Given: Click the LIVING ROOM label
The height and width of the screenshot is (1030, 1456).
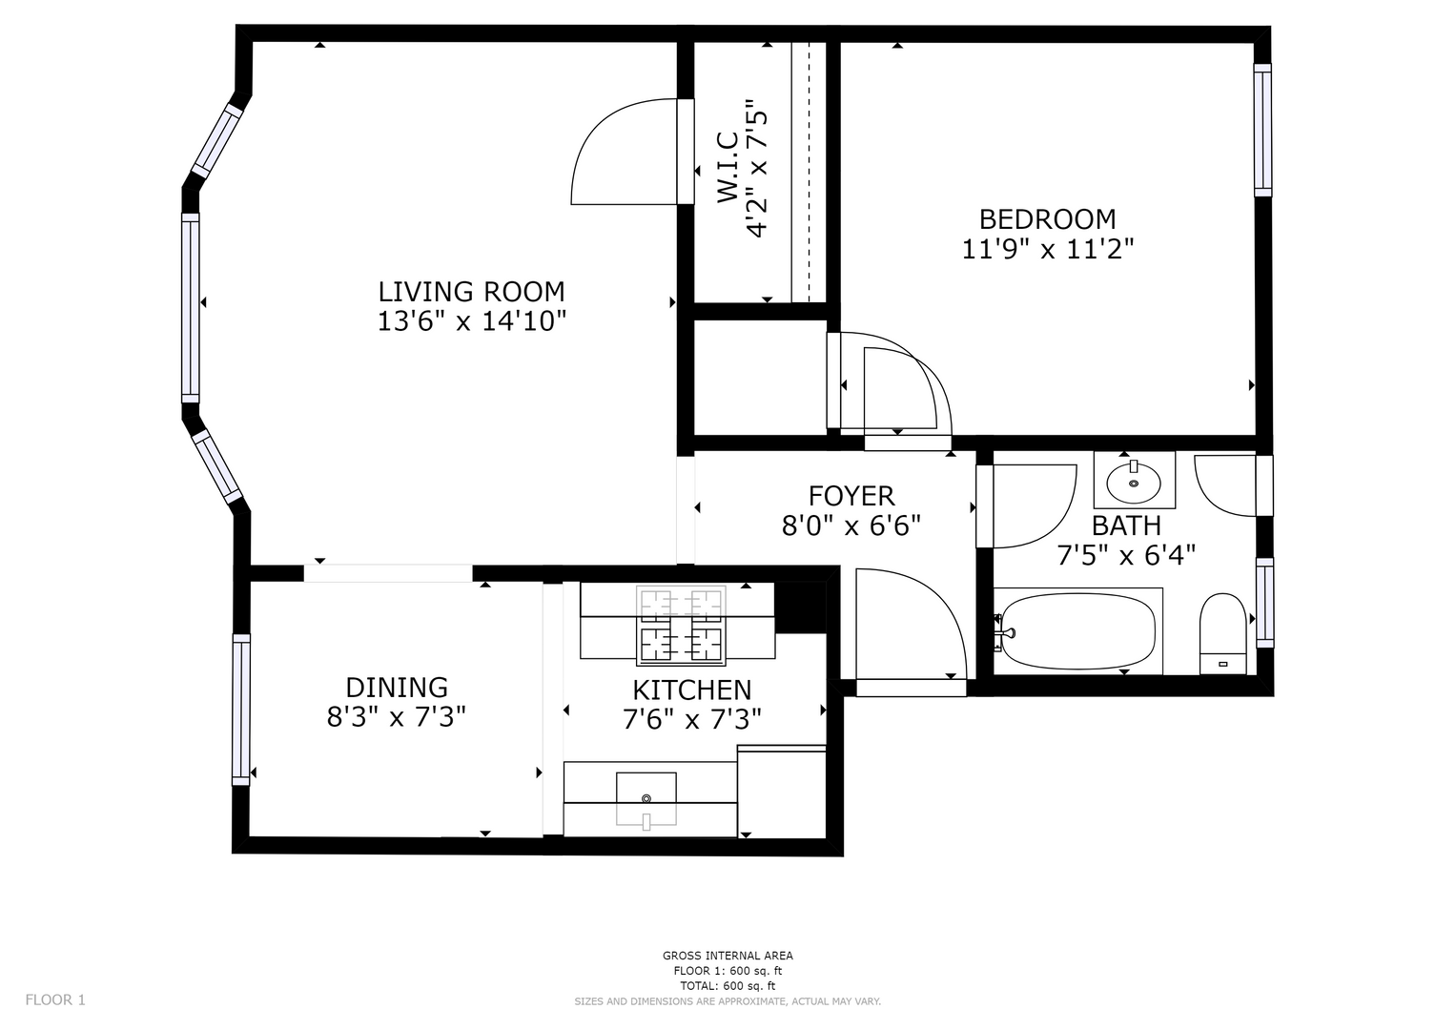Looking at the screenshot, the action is (x=471, y=292).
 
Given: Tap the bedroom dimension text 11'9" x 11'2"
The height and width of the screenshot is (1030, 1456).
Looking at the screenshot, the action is (x=1047, y=249).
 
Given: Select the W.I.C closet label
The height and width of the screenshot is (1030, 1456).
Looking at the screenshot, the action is (x=728, y=168).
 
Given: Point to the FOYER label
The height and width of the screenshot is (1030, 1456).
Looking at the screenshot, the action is (x=851, y=496).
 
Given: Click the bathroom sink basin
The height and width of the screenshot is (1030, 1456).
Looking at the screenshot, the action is (x=1135, y=483).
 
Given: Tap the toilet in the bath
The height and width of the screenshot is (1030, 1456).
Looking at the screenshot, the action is (x=1222, y=633).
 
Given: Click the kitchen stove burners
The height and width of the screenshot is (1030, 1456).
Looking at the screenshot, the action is (x=681, y=626).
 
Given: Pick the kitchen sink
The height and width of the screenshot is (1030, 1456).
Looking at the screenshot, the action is (x=646, y=798).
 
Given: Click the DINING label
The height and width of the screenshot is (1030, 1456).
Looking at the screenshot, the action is (x=397, y=688).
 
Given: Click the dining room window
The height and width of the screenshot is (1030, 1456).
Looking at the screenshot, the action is (x=241, y=710).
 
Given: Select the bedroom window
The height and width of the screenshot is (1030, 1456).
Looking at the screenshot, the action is (x=1262, y=130).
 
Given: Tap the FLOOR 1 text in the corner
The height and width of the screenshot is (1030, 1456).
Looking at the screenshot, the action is (x=55, y=1000).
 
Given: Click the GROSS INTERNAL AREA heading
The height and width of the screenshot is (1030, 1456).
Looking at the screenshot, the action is (x=728, y=956).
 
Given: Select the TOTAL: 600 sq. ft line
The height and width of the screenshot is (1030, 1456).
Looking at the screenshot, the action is (x=728, y=986).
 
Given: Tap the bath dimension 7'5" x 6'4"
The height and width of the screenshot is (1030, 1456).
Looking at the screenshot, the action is (x=1126, y=555).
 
